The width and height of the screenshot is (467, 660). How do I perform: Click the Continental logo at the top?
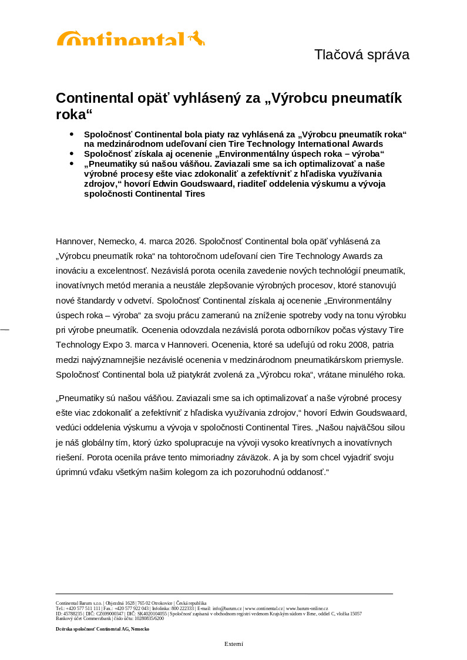coord(130,39)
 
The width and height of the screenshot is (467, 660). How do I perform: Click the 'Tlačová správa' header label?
coord(361,55)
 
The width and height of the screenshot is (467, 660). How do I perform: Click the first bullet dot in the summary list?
coord(72,134)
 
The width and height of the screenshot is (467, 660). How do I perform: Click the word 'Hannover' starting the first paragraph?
coord(75,241)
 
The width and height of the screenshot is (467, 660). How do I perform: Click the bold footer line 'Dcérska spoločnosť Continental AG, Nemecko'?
coord(102,629)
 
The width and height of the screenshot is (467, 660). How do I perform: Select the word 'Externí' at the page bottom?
coord(233,644)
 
